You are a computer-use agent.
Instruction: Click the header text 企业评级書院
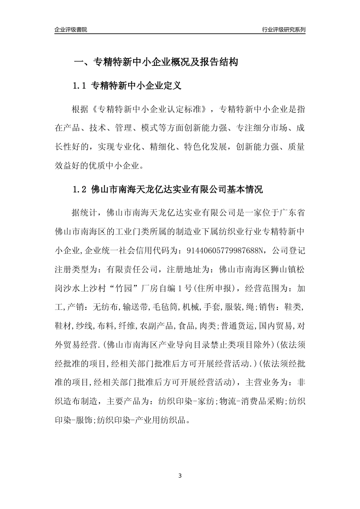71,30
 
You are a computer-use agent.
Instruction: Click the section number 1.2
80,190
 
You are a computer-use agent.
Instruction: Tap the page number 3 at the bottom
180,476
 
